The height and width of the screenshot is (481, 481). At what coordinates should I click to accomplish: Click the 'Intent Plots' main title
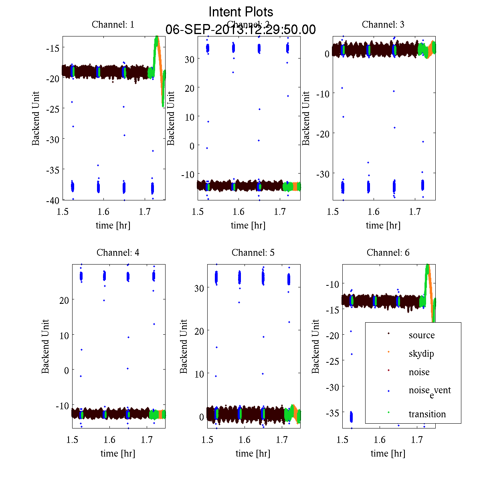coord(241,12)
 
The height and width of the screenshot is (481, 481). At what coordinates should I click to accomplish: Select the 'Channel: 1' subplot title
coord(113,24)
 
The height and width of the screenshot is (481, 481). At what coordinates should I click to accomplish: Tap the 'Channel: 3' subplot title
coord(383,24)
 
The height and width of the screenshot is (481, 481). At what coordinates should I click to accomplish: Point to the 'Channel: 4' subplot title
coord(118,253)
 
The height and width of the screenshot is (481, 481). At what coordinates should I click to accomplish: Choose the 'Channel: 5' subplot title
coord(253,253)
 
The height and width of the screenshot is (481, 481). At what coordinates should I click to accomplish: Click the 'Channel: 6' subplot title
coord(388,253)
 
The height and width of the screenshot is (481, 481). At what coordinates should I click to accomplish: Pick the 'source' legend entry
coord(422,335)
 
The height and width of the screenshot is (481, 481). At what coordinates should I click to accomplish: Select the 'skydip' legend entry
coord(421,354)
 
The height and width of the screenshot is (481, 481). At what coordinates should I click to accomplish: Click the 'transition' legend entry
coord(427,414)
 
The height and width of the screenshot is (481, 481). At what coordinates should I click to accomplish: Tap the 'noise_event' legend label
coord(430,391)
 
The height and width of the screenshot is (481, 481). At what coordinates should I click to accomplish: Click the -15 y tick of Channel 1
coord(54,48)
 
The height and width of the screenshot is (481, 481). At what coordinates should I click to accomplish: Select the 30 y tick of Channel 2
coord(190,59)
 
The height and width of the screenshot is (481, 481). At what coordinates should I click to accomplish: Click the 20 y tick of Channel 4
coord(64,300)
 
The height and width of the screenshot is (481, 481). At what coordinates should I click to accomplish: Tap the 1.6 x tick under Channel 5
coord(245,440)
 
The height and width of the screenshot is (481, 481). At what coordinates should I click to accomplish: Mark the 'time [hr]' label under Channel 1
coord(113,225)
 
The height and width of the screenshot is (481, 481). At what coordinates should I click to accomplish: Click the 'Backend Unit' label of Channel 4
coord(45,346)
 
